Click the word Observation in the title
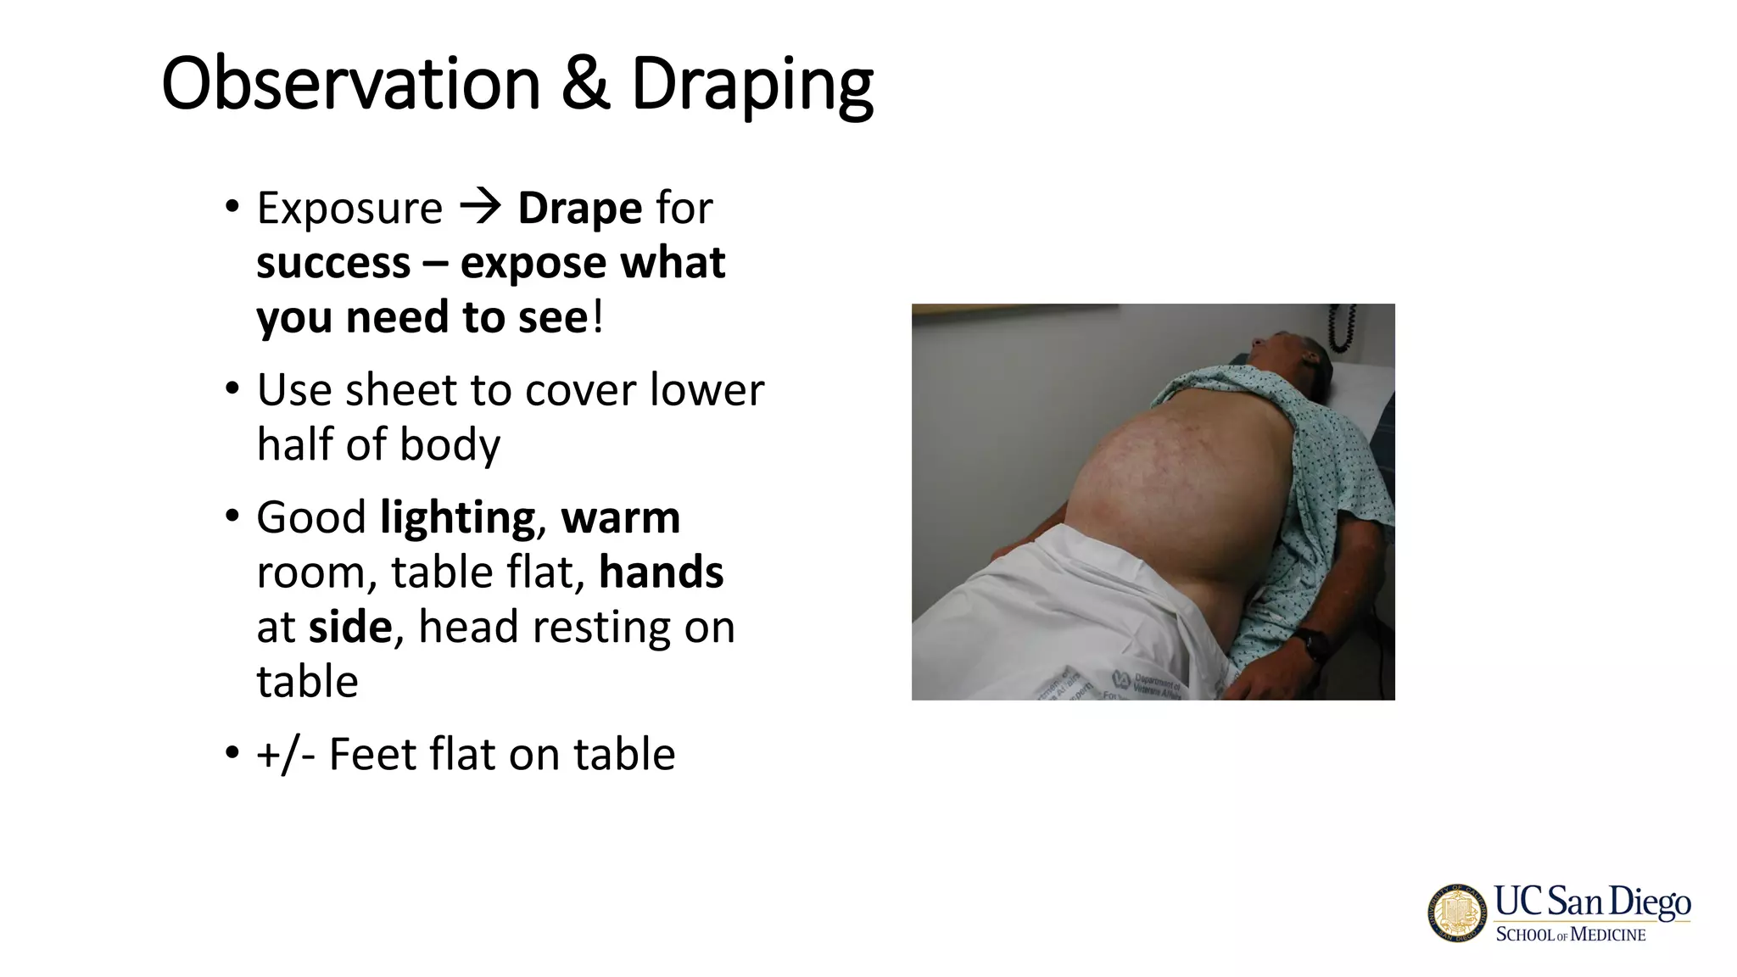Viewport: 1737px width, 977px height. [x=350, y=84]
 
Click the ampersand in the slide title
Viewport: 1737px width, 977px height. [x=585, y=84]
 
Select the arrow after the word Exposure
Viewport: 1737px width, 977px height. [x=480, y=207]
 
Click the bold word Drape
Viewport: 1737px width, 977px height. [x=579, y=209]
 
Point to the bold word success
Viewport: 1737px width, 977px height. [x=333, y=263]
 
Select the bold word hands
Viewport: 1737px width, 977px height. [x=661, y=572]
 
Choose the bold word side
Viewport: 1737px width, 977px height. [x=349, y=628]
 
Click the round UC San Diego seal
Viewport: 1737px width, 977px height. [x=1457, y=913]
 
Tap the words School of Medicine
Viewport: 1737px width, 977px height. [x=1570, y=935]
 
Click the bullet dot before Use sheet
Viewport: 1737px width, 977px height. [x=232, y=390]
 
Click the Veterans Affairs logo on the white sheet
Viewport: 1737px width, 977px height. [x=1122, y=678]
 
